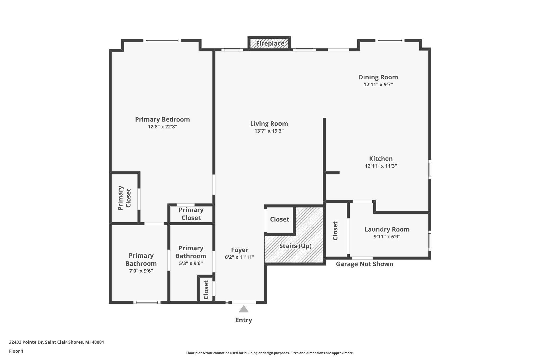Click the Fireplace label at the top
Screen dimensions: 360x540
coord(270,44)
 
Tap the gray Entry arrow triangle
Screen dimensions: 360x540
coord(244,309)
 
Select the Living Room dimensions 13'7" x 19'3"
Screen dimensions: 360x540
coord(269,131)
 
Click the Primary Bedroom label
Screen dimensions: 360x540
coord(162,119)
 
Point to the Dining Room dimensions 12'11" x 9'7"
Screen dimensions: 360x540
coord(378,85)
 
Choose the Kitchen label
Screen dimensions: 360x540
coord(381,159)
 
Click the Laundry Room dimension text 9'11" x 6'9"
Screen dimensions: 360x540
coord(387,237)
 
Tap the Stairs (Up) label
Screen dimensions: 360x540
coord(295,246)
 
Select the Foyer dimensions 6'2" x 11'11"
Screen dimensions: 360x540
coord(239,257)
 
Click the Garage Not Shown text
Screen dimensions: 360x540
coord(364,264)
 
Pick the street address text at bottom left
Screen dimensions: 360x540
coord(56,342)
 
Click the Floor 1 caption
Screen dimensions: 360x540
coord(16,351)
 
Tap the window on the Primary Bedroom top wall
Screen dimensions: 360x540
coord(162,41)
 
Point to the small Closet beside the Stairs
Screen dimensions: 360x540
coord(279,219)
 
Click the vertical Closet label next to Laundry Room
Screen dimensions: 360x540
coord(335,231)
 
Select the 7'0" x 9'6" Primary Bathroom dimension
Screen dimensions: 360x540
coord(141,271)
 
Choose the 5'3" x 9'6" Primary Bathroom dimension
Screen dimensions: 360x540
coord(191,263)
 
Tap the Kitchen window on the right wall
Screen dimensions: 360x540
coord(430,169)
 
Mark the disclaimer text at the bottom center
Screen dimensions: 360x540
coord(270,353)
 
